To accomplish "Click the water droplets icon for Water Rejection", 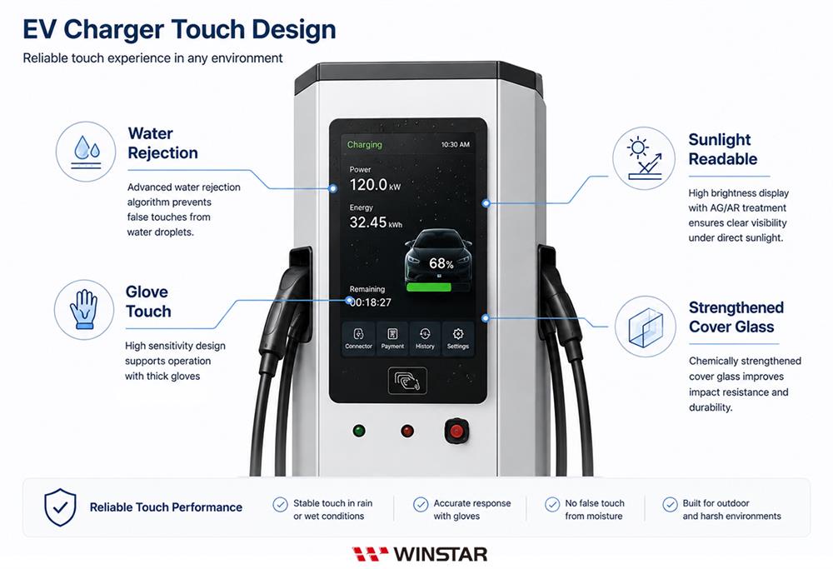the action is pos(86,152).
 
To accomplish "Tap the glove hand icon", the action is pos(84,310).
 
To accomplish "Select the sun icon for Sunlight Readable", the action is pos(644,158).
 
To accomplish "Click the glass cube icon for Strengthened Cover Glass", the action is pos(646,327).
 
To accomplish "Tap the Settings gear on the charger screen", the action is pos(458,338).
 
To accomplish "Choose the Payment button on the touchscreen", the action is pos(392,338).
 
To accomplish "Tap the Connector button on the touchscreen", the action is pos(358,338).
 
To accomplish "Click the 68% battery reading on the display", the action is pos(441,263).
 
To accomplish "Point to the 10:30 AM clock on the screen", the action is pos(456,144).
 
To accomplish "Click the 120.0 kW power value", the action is pos(375,185).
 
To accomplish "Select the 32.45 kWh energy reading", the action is pos(376,222).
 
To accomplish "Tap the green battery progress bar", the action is pos(429,287).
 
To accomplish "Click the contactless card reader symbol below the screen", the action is pos(407,381).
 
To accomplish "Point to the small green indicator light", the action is pos(359,431).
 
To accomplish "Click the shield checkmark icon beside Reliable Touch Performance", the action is pos(60,507).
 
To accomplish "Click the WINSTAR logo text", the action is pos(441,555).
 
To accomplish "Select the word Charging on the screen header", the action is pos(365,144).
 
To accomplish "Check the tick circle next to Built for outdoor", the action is pos(670,504).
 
